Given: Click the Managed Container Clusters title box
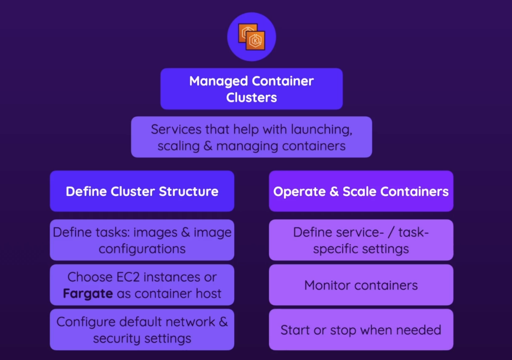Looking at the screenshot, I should [251, 89].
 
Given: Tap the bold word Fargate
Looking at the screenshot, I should [88, 293].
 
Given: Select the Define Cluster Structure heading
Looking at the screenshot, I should [142, 191].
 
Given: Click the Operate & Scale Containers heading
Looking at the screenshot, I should [361, 191].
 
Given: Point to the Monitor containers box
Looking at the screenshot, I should [361, 285].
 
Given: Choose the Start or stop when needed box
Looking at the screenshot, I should [361, 330].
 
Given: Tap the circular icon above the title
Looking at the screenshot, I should [251, 37].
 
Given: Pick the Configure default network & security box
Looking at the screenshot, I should [142, 330].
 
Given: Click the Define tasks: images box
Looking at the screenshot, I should [142, 240].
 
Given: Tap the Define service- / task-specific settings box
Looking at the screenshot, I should [361, 240].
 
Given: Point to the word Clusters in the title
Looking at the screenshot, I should [251, 97].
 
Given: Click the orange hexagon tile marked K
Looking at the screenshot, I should [255, 41].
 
